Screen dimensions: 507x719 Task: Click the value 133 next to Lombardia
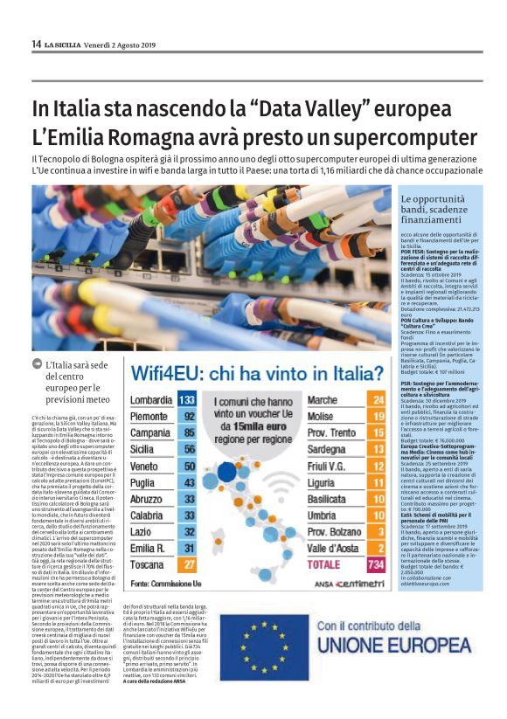(185, 400)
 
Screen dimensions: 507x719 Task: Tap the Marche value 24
(378, 400)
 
